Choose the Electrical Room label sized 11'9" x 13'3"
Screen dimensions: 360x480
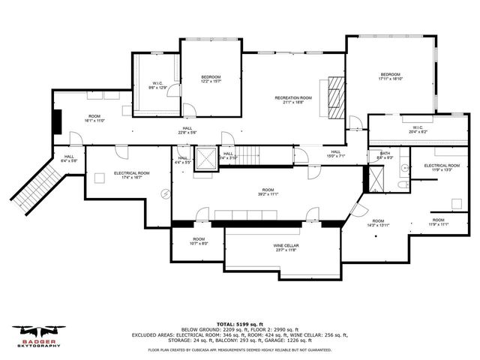[441, 167]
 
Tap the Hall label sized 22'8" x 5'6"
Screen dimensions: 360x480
[187, 130]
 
